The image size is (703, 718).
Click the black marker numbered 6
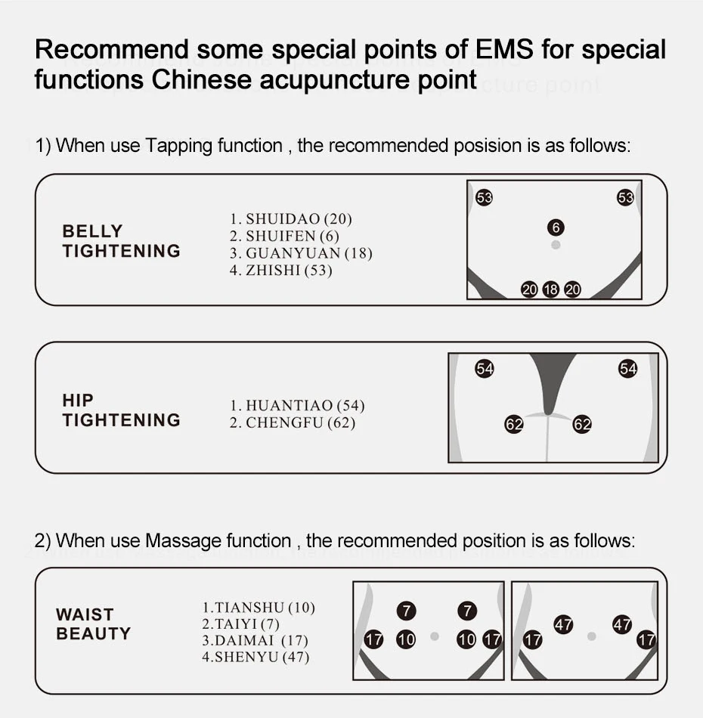[556, 227]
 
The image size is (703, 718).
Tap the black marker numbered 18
[551, 289]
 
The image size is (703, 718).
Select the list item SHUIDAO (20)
[291, 219]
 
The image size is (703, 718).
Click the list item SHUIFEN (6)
[284, 237]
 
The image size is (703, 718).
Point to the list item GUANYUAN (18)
[301, 253]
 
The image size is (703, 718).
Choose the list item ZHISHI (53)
[280, 270]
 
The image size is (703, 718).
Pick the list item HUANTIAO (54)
[297, 406]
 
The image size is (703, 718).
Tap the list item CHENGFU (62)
[292, 422]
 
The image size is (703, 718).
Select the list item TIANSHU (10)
[258, 607]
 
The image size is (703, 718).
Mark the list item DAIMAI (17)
[255, 640]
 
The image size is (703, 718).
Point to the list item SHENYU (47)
[255, 657]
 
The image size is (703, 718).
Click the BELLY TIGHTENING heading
[121, 241]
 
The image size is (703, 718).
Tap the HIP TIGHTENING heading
[121, 410]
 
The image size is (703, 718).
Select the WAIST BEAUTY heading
[93, 624]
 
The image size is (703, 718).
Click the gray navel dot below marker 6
[556, 246]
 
